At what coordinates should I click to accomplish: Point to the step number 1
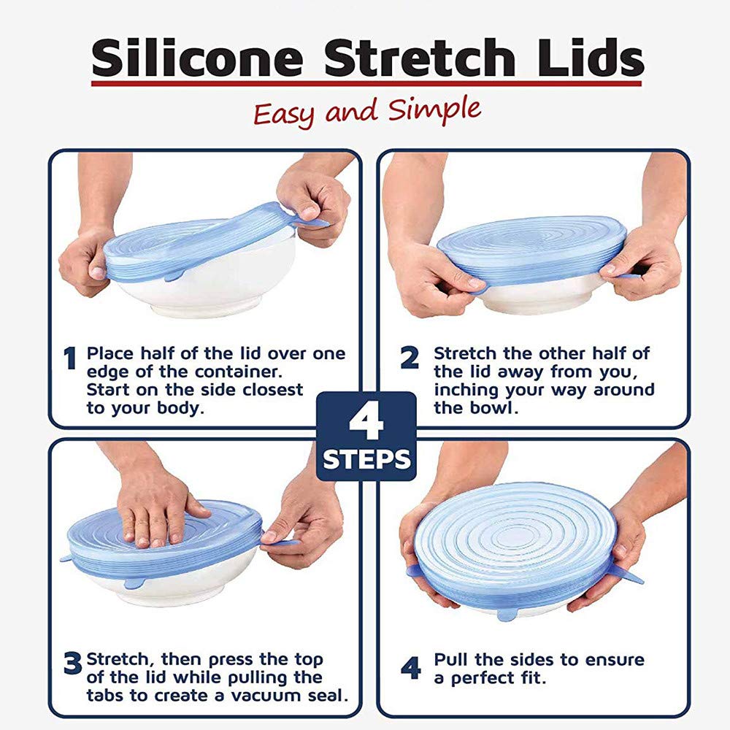[x=70, y=359]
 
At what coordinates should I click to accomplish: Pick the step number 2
[x=410, y=359]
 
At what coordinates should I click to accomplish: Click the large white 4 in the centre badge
[x=366, y=421]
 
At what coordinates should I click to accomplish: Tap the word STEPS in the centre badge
[x=366, y=460]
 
